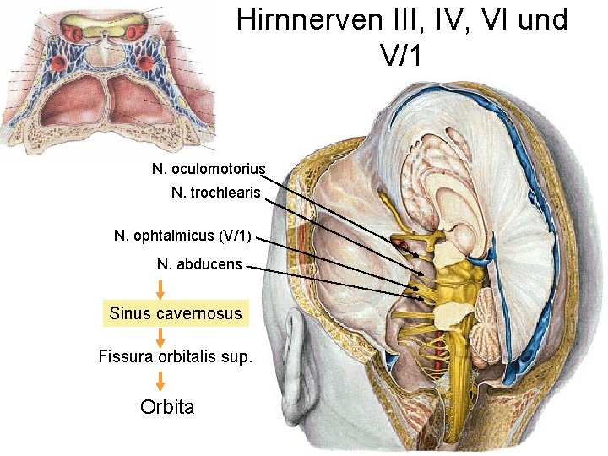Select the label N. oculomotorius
click(x=209, y=169)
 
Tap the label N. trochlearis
click(x=216, y=193)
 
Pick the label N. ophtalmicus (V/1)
click(x=182, y=235)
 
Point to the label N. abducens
click(x=199, y=264)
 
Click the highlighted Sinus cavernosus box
click(x=176, y=313)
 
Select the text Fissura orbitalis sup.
click(x=175, y=356)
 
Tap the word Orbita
click(x=167, y=406)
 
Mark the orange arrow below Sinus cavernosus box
click(x=160, y=335)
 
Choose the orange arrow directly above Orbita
click(x=160, y=379)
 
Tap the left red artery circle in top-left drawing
click(x=59, y=63)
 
